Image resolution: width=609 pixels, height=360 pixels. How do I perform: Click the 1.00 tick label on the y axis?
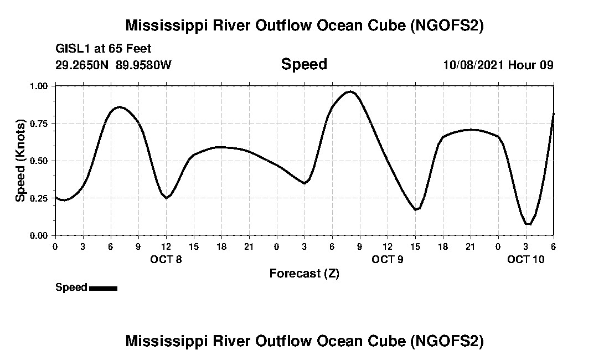pyautogui.click(x=40, y=86)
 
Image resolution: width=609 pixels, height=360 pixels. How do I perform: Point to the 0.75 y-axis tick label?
pyautogui.click(x=40, y=123)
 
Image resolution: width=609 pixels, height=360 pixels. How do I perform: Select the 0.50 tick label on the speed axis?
pyautogui.click(x=40, y=161)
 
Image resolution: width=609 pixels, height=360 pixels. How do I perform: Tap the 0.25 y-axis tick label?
pyautogui.click(x=40, y=198)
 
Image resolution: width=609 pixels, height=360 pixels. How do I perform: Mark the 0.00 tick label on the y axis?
pyautogui.click(x=40, y=235)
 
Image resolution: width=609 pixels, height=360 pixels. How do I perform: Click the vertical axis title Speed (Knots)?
pyautogui.click(x=20, y=160)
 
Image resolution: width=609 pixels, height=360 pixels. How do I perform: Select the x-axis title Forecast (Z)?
pyautogui.click(x=304, y=273)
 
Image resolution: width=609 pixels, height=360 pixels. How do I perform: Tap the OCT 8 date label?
pyautogui.click(x=166, y=259)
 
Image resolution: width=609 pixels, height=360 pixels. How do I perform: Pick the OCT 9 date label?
pyautogui.click(x=388, y=259)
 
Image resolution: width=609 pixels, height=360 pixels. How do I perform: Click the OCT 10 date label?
pyautogui.click(x=526, y=259)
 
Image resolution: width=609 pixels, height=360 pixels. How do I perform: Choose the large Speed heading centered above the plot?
pyautogui.click(x=304, y=64)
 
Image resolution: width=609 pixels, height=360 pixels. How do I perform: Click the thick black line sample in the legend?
pyautogui.click(x=103, y=288)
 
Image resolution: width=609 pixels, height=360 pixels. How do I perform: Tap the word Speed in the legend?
pyautogui.click(x=71, y=287)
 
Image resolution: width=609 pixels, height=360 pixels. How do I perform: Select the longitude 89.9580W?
pyautogui.click(x=144, y=65)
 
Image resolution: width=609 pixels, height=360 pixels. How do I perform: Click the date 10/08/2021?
pyautogui.click(x=473, y=65)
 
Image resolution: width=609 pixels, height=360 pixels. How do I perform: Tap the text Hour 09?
pyautogui.click(x=531, y=65)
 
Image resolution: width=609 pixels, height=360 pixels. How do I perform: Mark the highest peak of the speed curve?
pyautogui.click(x=350, y=91)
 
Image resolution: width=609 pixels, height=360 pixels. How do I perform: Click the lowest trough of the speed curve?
pyautogui.click(x=529, y=224)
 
